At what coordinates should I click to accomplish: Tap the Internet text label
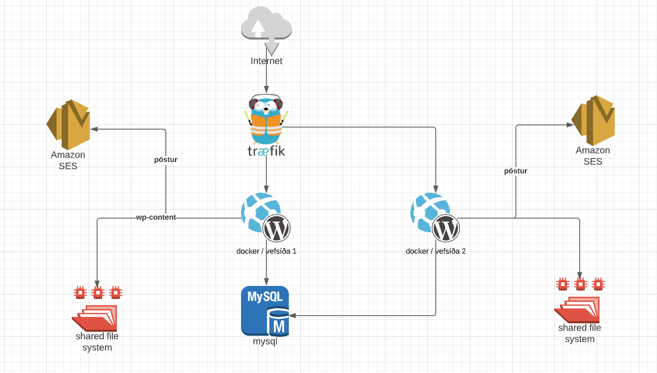pyautogui.click(x=266, y=61)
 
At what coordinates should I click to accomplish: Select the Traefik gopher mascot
pyautogui.click(x=266, y=120)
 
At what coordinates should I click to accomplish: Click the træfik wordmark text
pyautogui.click(x=266, y=152)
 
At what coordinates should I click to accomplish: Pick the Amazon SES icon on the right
pyautogui.click(x=593, y=120)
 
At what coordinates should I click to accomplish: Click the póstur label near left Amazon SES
pyautogui.click(x=166, y=159)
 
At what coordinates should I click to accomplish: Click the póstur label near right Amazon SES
pyautogui.click(x=516, y=171)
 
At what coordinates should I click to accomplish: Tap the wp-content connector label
pyautogui.click(x=156, y=217)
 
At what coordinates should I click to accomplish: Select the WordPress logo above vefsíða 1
pyautogui.click(x=277, y=229)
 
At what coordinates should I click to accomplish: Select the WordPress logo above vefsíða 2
pyautogui.click(x=446, y=229)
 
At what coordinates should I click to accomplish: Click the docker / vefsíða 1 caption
pyautogui.click(x=266, y=251)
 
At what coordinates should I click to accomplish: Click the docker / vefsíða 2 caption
pyautogui.click(x=436, y=251)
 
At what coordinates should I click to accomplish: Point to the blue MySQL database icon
pyautogui.click(x=265, y=311)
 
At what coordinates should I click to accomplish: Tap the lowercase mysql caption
pyautogui.click(x=265, y=341)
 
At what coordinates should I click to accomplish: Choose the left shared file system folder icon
pyautogui.click(x=95, y=318)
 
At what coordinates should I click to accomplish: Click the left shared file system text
pyautogui.click(x=97, y=342)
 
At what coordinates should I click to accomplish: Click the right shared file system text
pyautogui.click(x=580, y=333)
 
